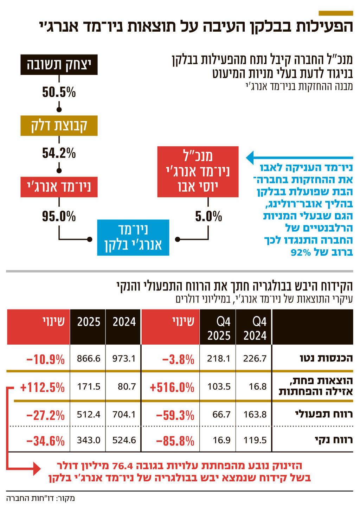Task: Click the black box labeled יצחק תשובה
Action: tap(59, 65)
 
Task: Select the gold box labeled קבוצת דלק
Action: tap(59, 126)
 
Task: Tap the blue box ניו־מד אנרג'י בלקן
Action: tap(133, 237)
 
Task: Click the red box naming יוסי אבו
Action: tap(198, 172)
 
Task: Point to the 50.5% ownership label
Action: tap(59, 92)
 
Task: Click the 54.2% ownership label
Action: tap(59, 153)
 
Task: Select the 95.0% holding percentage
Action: tap(59, 217)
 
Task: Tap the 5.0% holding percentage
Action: tap(208, 217)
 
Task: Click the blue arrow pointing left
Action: tap(299, 158)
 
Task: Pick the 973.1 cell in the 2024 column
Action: tap(124, 359)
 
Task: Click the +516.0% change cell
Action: tap(172, 387)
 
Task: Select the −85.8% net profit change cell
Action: tap(175, 441)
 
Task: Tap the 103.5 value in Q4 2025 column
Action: tap(219, 387)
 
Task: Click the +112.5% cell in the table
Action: tap(43, 387)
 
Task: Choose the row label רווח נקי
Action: tap(334, 440)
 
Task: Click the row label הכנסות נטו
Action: tap(326, 358)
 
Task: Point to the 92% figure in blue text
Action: tap(301, 252)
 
